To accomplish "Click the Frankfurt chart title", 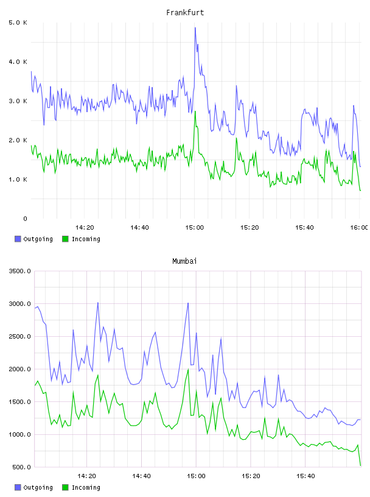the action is pos(185,13).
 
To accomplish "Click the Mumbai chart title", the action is pos(184,261).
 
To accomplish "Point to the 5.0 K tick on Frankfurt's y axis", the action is pos(18,23).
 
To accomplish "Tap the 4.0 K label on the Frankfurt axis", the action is pos(18,62).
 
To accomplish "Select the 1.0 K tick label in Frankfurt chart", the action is pos(18,180).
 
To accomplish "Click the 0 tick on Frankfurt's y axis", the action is pos(25,219).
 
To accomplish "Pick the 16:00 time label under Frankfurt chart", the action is pos(360,228).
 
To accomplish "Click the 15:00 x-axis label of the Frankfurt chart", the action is pos(195,228).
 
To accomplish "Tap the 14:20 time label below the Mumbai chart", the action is pos(86,476).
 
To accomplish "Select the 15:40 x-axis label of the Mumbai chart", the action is pos(305,476).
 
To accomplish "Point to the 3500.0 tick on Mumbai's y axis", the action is pos(19,271).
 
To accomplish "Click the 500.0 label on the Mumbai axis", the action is pos(21,467).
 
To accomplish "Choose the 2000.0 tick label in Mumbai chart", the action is pos(19,369).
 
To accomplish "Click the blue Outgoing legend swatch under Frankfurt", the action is pos(18,239).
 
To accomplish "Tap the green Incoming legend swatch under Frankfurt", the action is pos(65,239).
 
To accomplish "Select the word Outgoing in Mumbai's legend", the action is pos(38,488).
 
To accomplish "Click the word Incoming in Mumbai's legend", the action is pos(86,488).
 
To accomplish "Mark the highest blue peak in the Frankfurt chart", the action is pos(195,28).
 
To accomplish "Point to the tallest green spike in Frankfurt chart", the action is pos(195,111).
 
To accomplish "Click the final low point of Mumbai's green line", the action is pos(360,465).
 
